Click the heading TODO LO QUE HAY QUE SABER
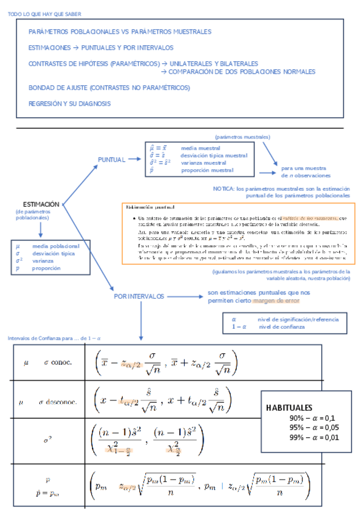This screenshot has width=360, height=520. (48, 14)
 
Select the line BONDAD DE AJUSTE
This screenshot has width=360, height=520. (109, 88)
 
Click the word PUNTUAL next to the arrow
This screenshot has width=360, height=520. (111, 159)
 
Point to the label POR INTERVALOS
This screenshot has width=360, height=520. (139, 296)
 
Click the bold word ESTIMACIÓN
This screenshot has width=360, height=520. (41, 204)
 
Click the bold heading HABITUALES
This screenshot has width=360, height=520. (289, 407)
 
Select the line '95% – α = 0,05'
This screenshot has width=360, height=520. (314, 427)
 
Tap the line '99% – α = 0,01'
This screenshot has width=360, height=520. (314, 437)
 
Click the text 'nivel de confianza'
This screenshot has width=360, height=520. (281, 327)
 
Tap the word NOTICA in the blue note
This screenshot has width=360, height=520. (224, 189)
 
